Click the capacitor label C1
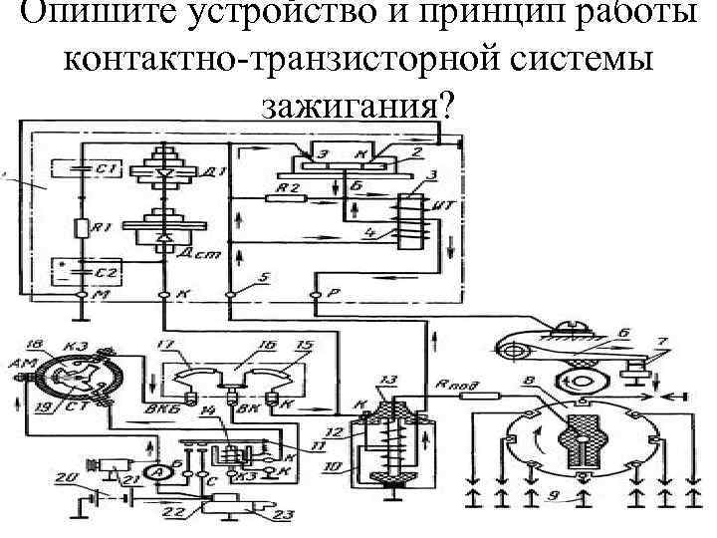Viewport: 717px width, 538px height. pyautogui.click(x=109, y=172)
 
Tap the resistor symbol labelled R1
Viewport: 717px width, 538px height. pyautogui.click(x=83, y=228)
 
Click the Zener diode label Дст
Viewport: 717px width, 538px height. pyautogui.click(x=193, y=256)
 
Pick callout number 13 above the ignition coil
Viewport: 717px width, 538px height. pyautogui.click(x=387, y=381)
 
